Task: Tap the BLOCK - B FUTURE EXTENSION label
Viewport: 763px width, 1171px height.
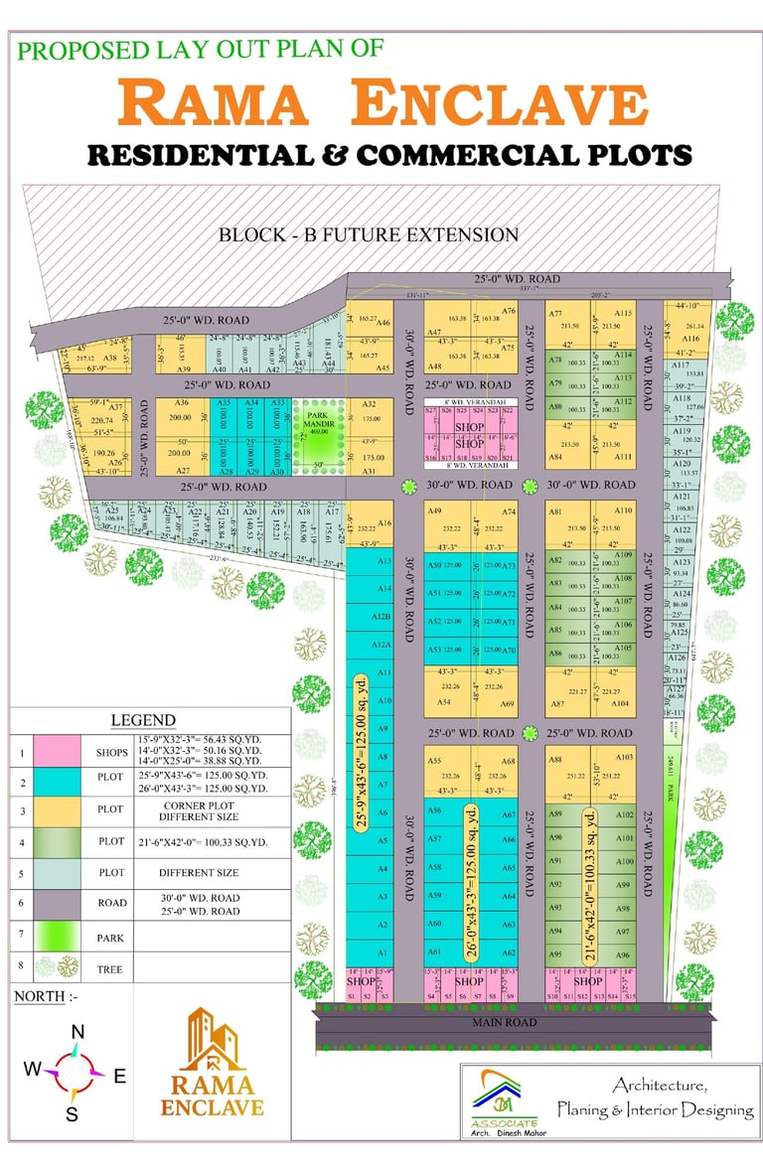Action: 369,235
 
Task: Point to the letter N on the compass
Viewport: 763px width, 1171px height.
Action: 76,1033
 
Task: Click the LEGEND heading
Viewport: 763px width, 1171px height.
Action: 143,720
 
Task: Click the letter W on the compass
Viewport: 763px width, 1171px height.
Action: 33,1070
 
